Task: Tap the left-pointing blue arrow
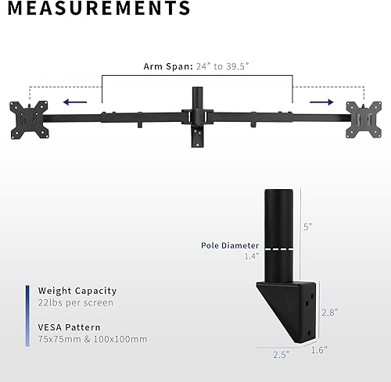[x=75, y=101]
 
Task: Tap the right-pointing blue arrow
[x=317, y=101]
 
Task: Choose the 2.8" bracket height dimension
[x=329, y=312]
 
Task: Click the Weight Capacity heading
[x=77, y=291]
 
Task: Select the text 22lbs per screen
[x=75, y=302]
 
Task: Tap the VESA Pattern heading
[x=70, y=327]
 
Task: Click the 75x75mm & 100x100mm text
[x=92, y=340]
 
